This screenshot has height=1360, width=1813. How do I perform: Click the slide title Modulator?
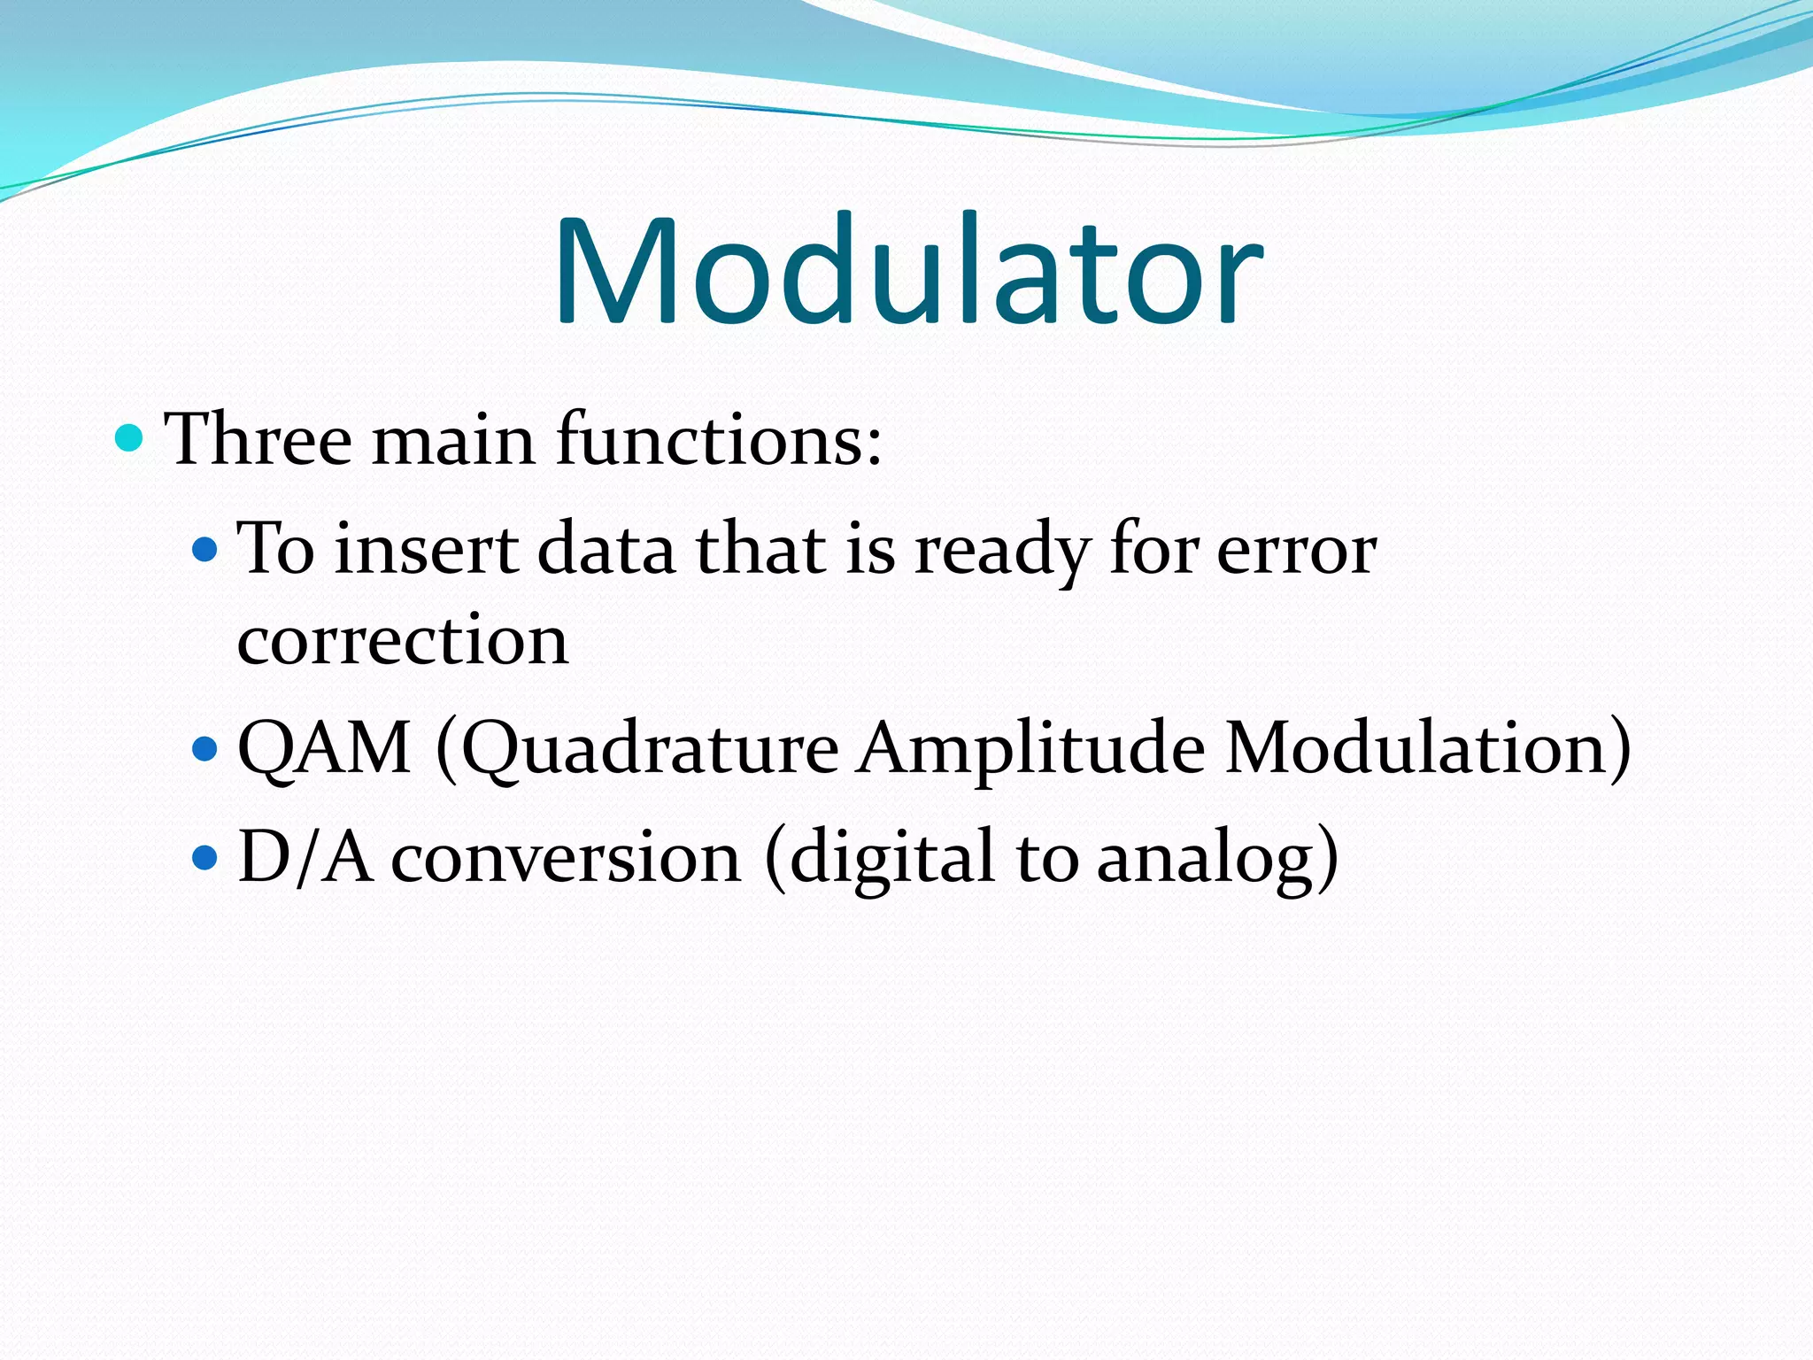coord(907,270)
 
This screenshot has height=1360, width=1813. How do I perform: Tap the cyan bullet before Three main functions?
coord(129,437)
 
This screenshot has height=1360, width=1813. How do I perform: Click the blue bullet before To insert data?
coord(204,550)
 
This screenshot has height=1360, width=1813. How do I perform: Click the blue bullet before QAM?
coord(204,749)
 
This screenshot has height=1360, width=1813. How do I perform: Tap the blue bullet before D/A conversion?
coord(204,857)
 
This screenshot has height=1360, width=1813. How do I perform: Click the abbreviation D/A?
coord(305,857)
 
